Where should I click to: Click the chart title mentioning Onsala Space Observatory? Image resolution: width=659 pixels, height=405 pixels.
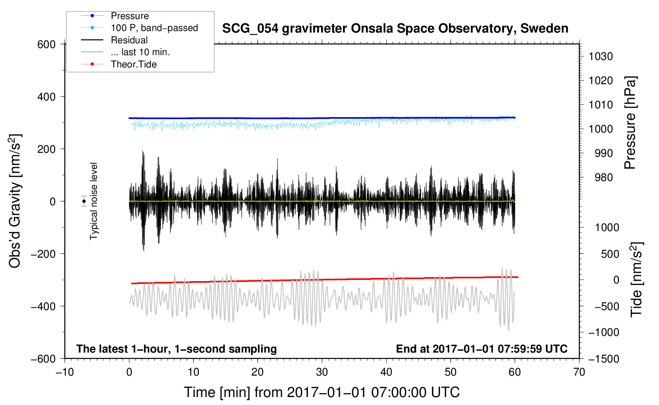(395, 29)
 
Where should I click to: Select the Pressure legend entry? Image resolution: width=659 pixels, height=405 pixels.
(115, 15)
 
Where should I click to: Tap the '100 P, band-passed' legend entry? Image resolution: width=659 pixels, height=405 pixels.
(139, 28)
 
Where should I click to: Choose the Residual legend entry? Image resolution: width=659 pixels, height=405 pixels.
(114, 40)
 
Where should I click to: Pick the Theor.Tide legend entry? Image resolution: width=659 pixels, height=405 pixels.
(119, 64)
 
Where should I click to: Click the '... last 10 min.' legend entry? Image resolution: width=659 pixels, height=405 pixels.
(125, 52)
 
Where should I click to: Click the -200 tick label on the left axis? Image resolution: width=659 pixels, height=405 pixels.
(43, 254)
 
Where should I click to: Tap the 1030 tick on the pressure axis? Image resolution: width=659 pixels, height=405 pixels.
(601, 56)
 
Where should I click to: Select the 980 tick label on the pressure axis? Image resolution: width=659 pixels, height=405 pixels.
(603, 177)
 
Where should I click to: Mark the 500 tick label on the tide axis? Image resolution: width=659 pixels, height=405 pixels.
(610, 254)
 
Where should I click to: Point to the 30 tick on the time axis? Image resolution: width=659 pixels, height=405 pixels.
(322, 372)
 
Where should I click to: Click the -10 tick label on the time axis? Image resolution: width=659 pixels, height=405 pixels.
(65, 372)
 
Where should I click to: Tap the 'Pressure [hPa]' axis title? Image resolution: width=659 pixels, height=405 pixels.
(630, 123)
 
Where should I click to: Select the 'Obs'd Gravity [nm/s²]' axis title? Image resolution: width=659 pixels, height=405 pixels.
(15, 201)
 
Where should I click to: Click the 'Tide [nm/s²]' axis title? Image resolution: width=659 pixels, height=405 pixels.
(637, 280)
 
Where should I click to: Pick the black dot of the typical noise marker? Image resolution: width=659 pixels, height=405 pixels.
(84, 201)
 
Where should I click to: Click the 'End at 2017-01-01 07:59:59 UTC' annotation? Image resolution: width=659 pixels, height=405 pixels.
(482, 349)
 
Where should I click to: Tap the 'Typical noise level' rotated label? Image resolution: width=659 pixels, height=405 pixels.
(94, 201)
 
